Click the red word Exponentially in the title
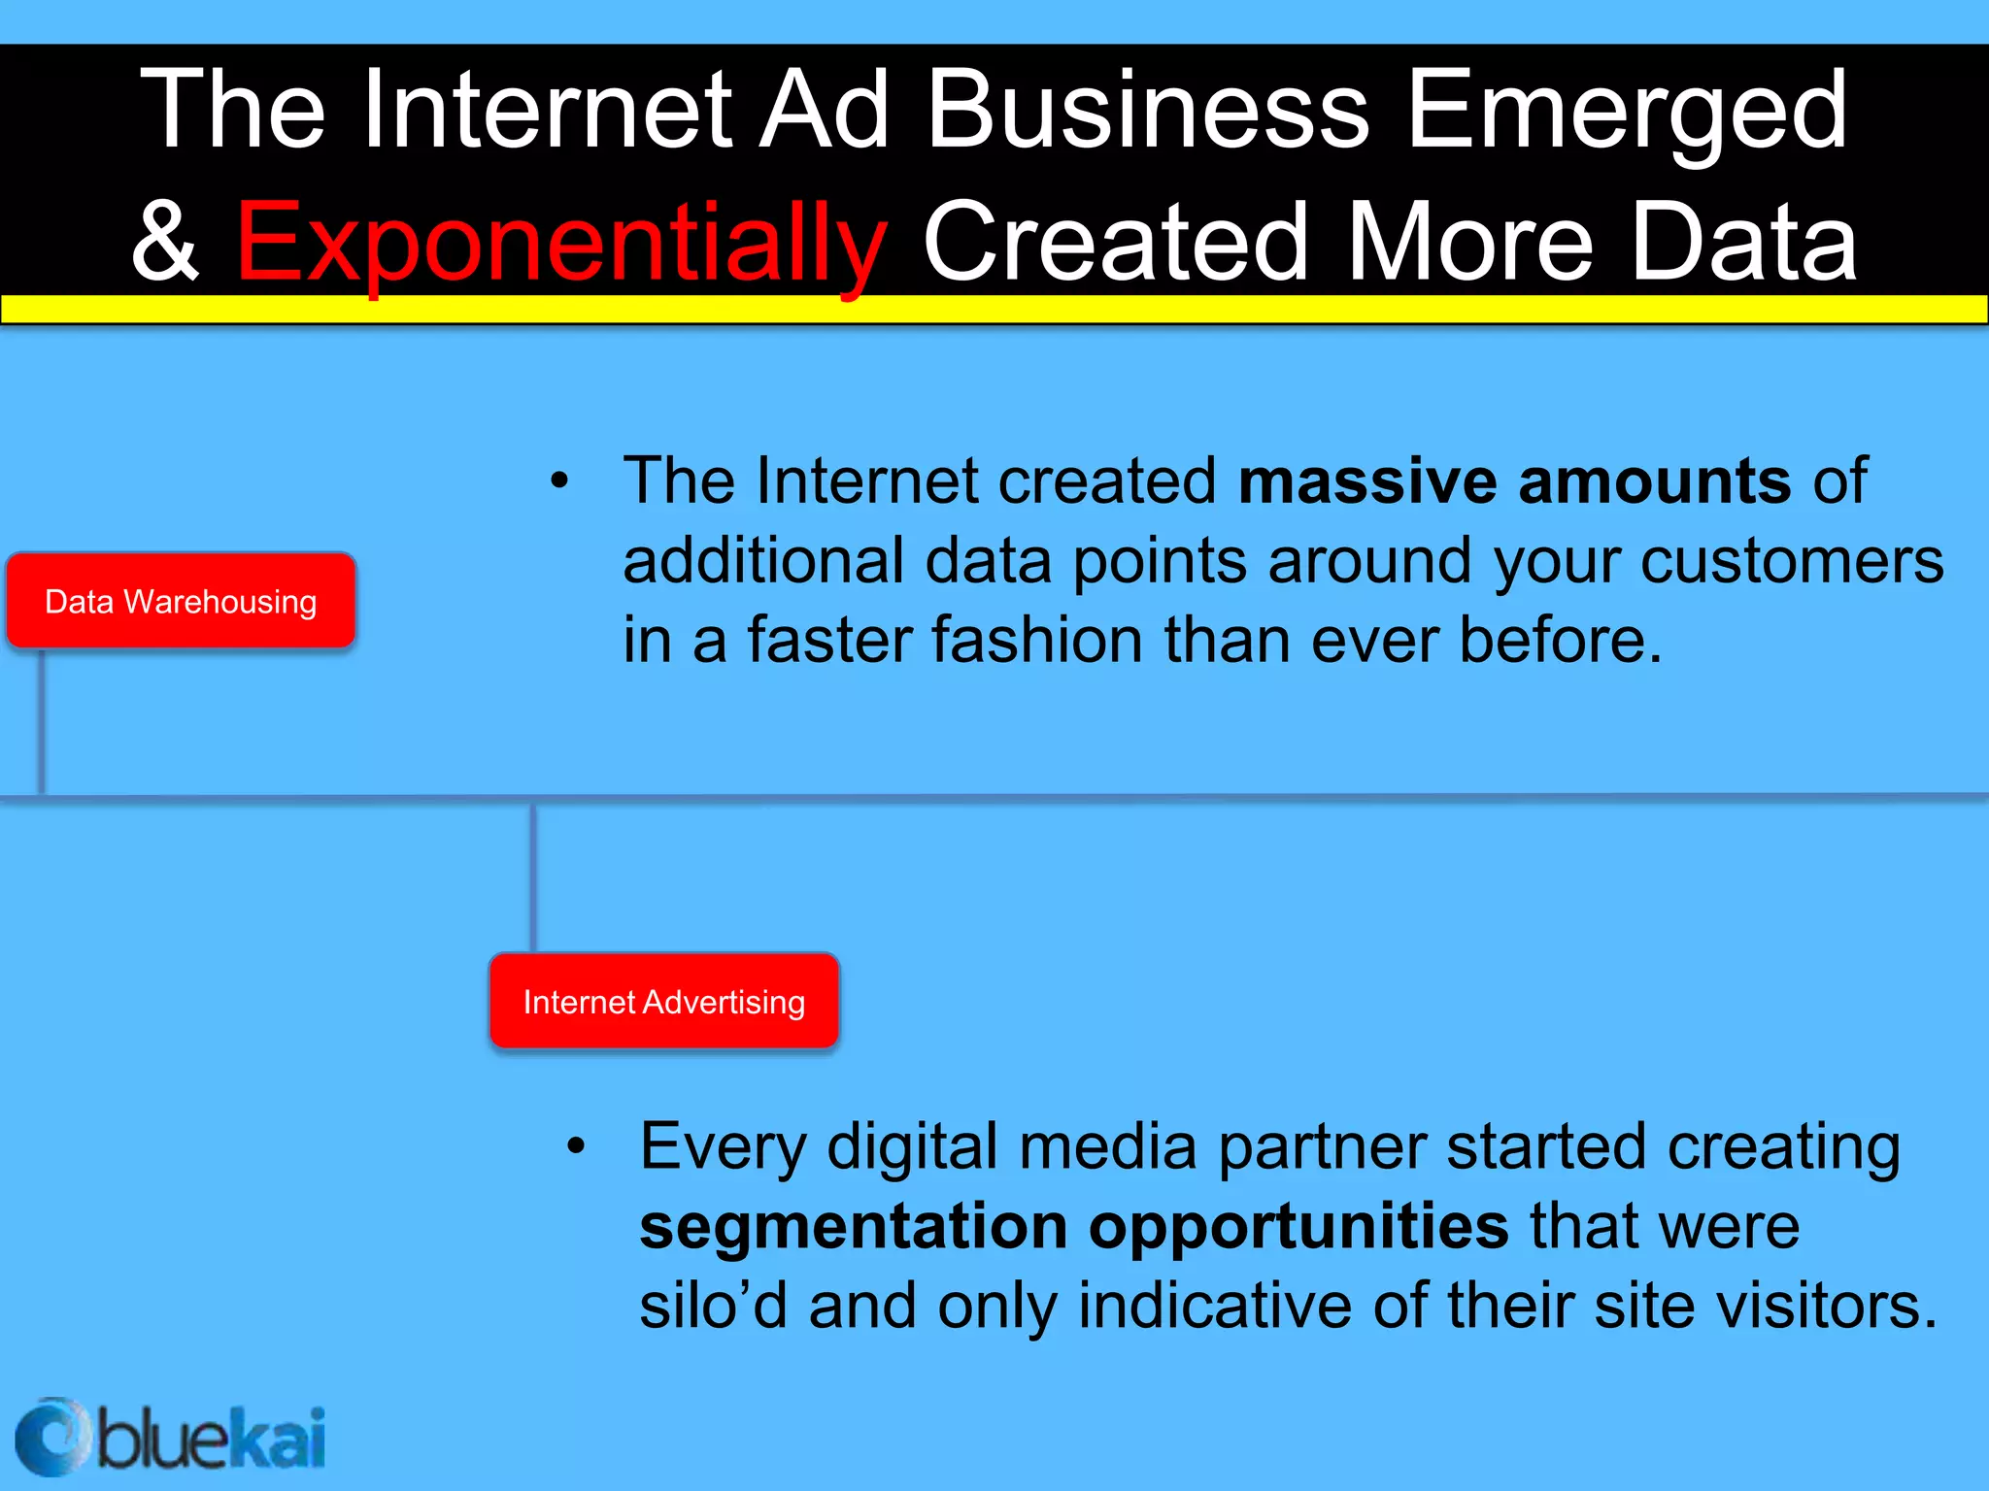click(x=560, y=243)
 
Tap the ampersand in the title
click(x=165, y=243)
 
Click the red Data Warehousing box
click(x=181, y=601)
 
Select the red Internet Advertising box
click(x=664, y=1001)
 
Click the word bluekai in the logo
click(x=210, y=1439)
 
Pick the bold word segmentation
click(x=853, y=1226)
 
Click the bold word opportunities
click(x=1298, y=1226)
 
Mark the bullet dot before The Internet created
click(x=559, y=480)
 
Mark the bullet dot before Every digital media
click(x=577, y=1146)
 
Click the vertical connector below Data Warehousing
click(x=42, y=720)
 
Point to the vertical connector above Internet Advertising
click(x=533, y=878)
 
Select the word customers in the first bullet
click(x=1792, y=561)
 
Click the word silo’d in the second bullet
click(x=713, y=1306)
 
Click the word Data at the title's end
click(x=1743, y=243)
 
